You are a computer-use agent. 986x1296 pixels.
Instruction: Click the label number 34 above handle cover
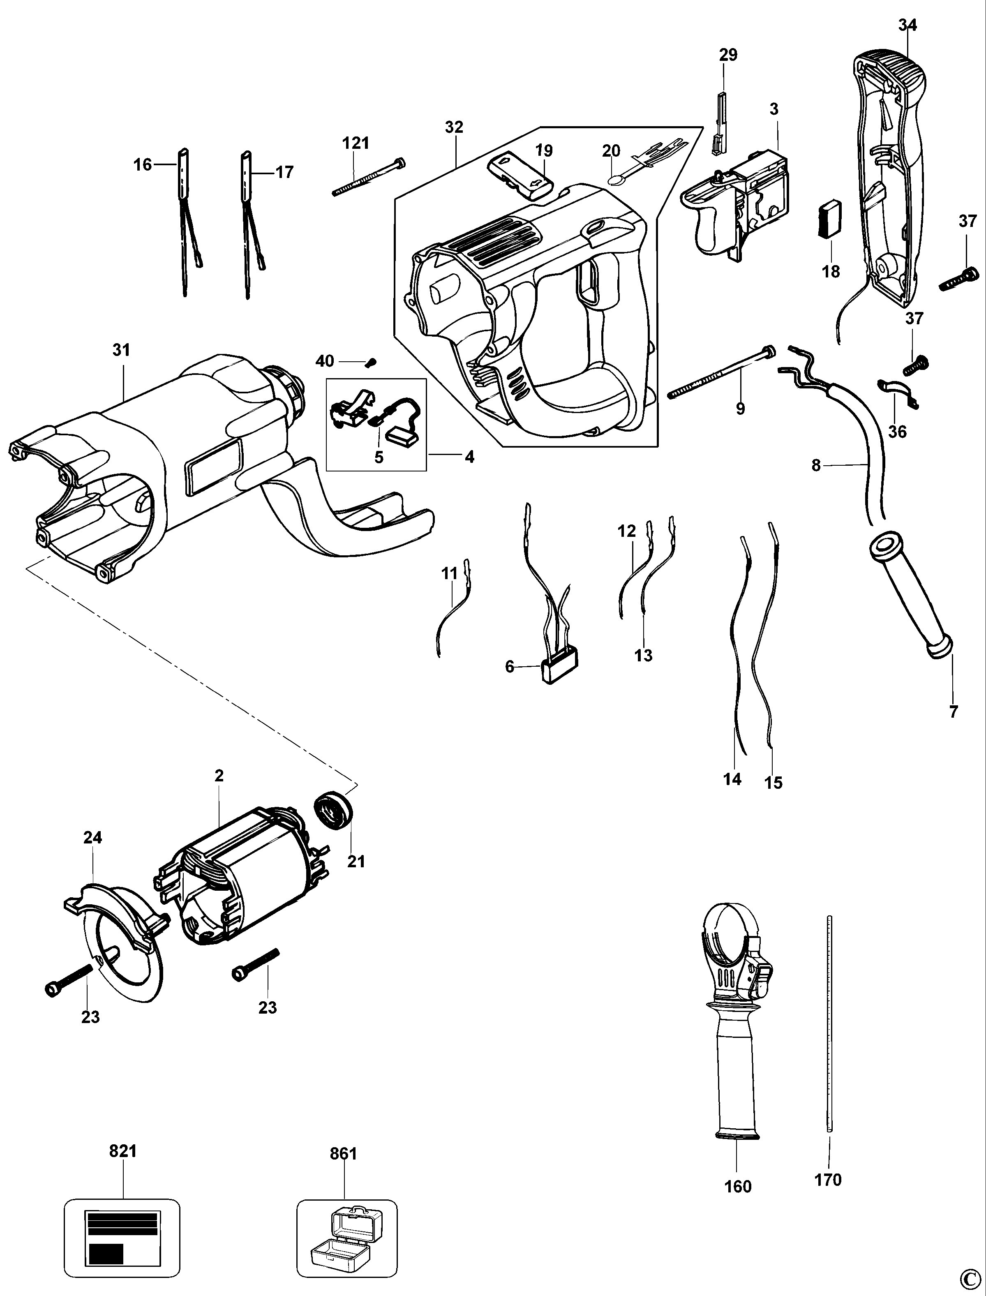click(907, 25)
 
